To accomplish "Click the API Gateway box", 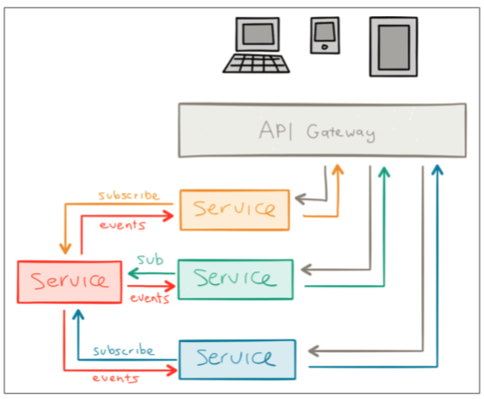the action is point(322,130).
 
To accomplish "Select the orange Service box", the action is point(235,210).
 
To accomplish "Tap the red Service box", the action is point(70,282).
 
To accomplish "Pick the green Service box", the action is point(236,280).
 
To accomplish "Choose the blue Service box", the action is point(237,360).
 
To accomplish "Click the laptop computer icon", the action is point(257,45).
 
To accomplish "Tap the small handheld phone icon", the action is point(325,35).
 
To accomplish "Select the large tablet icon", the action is point(394,47).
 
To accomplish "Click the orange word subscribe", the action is point(129,196).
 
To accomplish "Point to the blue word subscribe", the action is point(123,350).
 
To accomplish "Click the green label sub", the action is point(150,259).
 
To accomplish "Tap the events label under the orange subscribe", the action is point(122,225).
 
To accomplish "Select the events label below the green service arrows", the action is point(150,298).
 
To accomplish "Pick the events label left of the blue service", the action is point(116,378).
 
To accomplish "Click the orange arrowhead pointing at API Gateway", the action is point(338,169).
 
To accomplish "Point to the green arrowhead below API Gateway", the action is point(384,172).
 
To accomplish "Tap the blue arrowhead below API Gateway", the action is point(437,170).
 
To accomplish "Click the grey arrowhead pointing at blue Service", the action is point(313,351).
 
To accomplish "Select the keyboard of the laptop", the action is point(256,64).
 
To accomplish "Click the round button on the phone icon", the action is point(324,47).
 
